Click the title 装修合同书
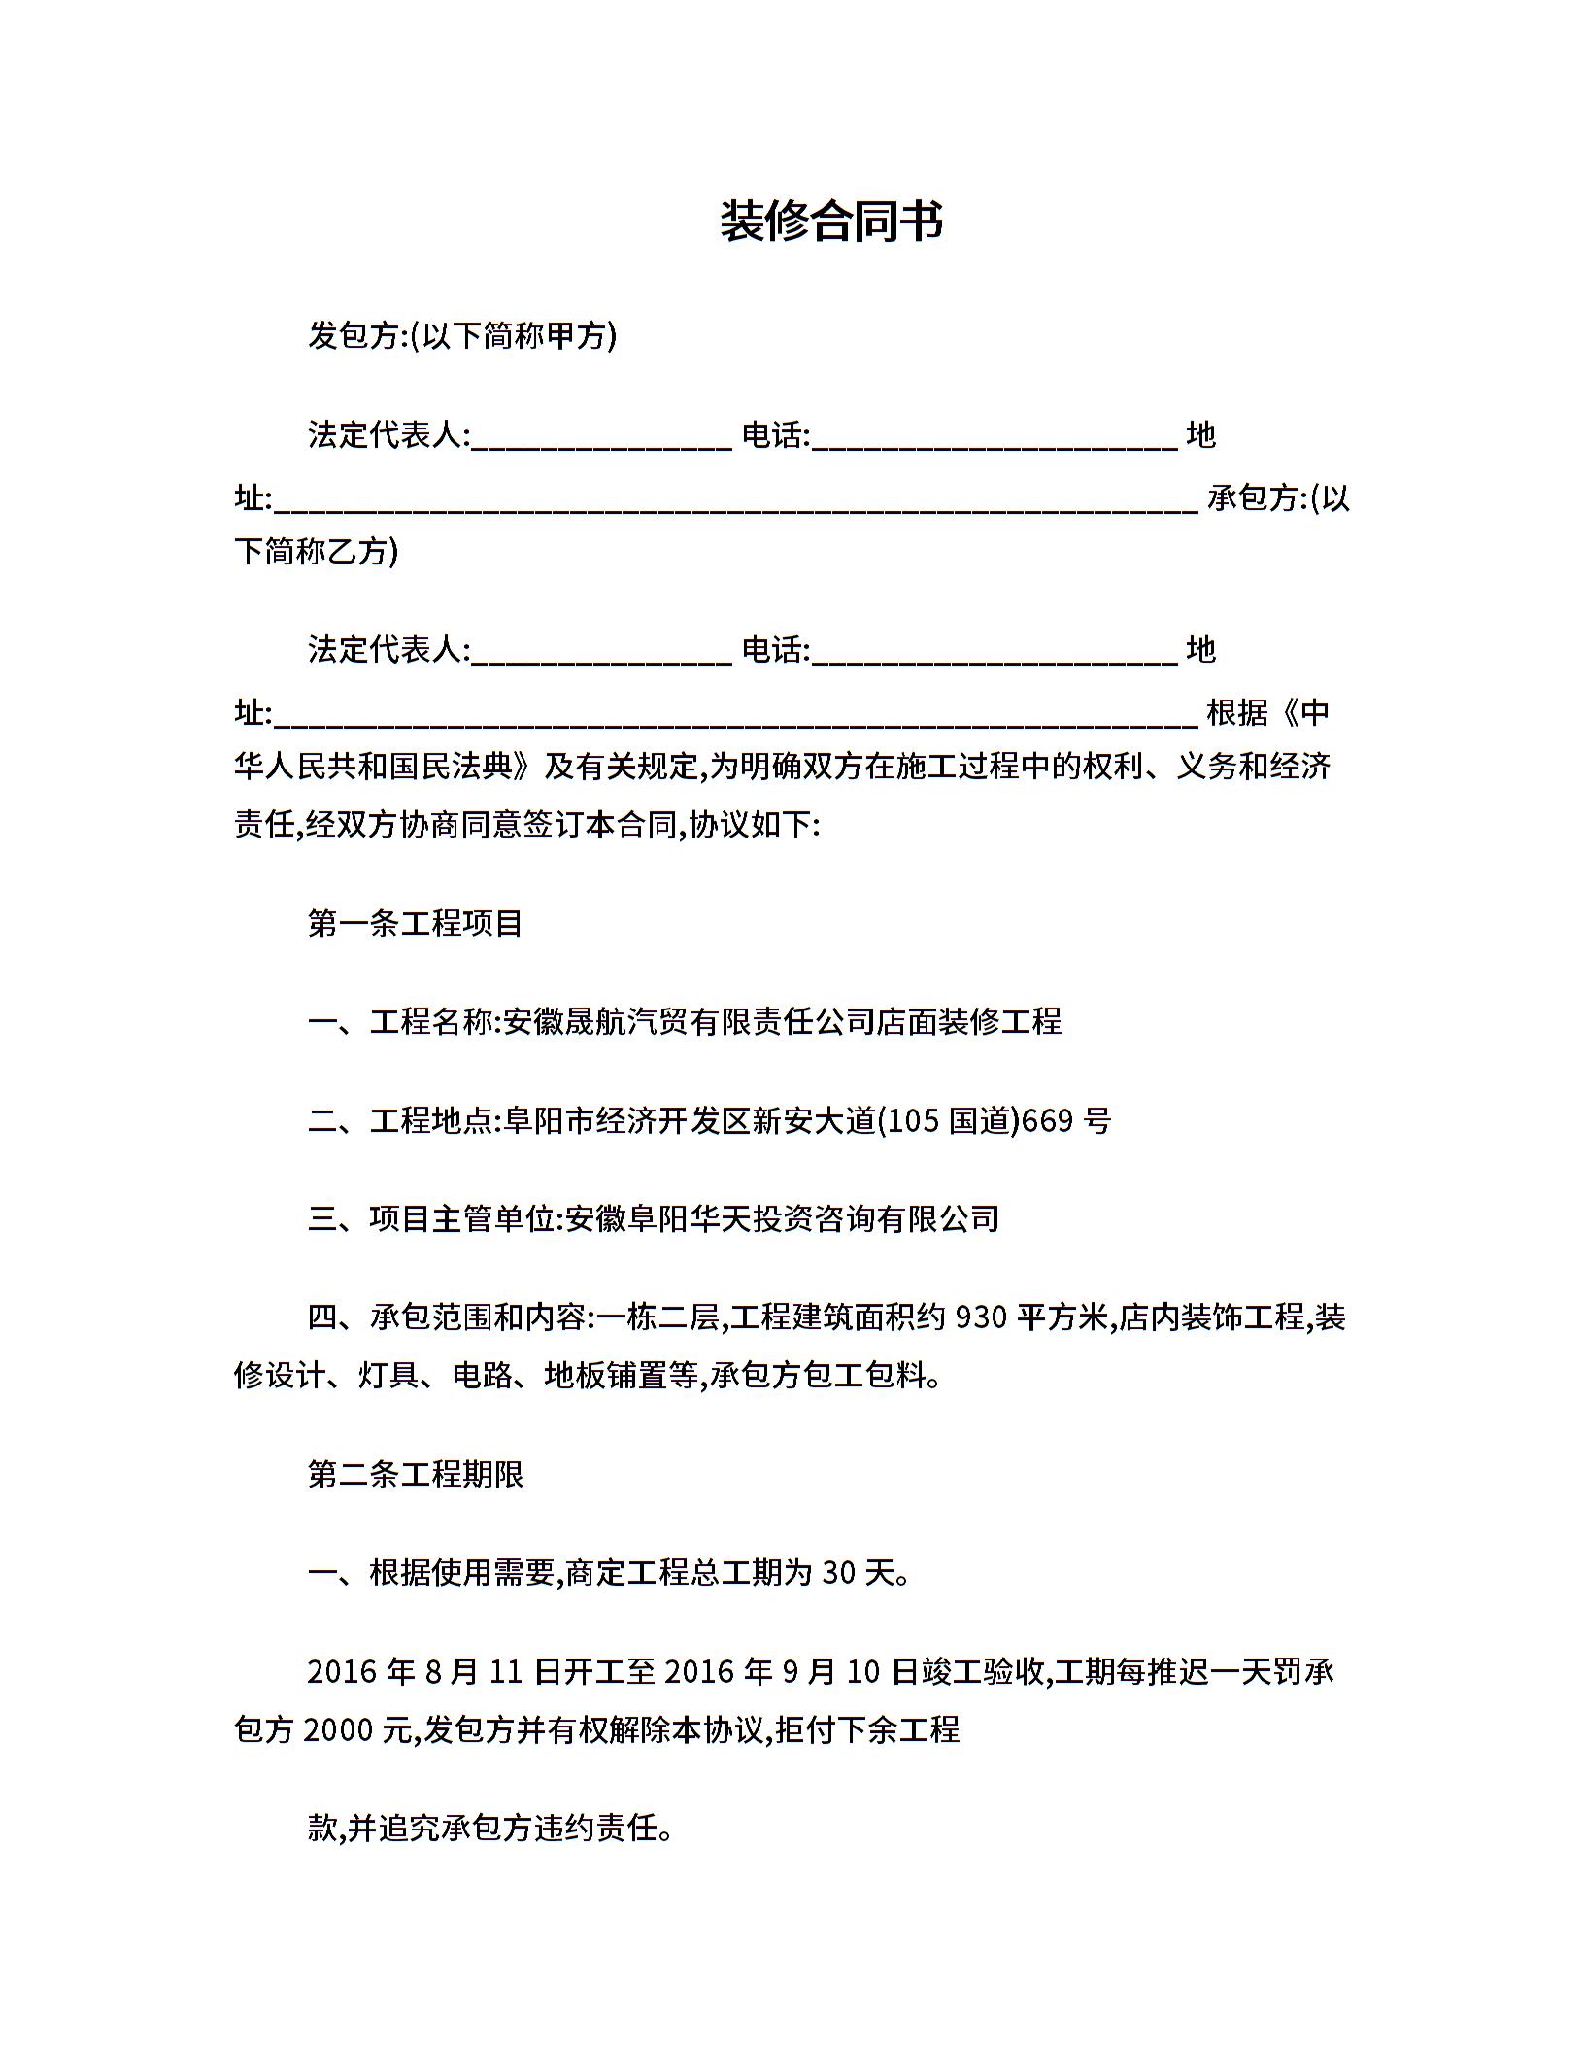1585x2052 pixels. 831,222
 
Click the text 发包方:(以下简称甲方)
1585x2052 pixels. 462,336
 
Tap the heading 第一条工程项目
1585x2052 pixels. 416,923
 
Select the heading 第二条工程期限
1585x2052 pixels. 416,1474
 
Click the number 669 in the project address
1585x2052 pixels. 1047,1121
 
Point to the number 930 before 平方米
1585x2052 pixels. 981,1318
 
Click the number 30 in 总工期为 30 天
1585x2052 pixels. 840,1573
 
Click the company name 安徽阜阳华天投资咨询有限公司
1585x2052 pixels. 782,1219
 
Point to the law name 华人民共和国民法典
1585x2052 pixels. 384,768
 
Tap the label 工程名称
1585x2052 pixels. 431,1022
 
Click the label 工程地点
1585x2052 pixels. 431,1121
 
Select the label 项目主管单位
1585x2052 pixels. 461,1219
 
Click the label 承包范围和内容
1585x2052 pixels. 477,1318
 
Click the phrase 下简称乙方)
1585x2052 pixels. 317,553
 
